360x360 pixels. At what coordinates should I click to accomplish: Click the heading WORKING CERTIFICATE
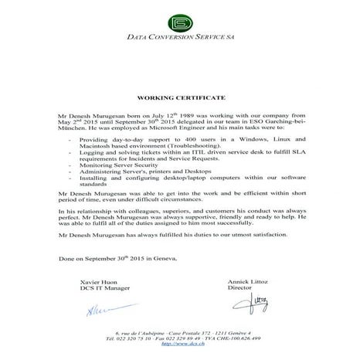click(181, 100)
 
